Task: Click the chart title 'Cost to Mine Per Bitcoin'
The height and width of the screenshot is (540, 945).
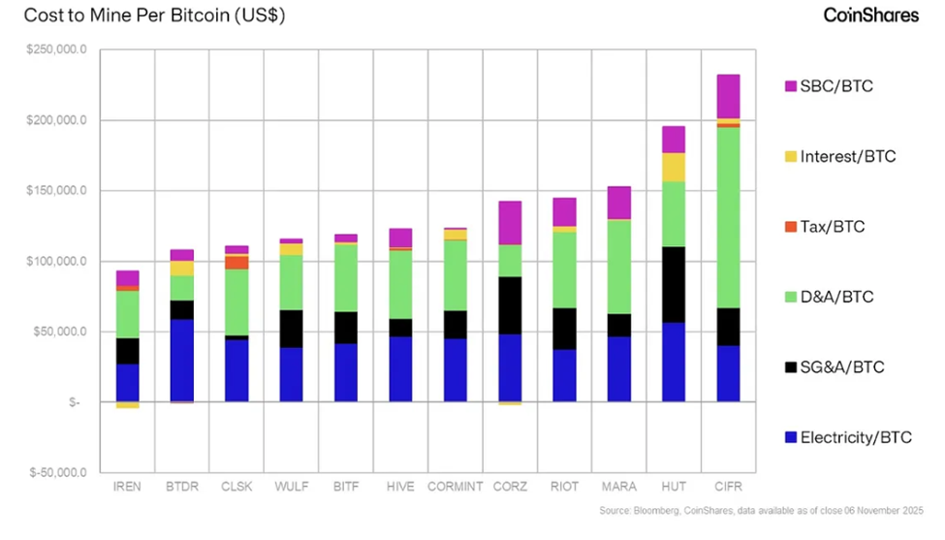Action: click(154, 16)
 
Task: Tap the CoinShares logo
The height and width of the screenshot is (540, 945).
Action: click(871, 16)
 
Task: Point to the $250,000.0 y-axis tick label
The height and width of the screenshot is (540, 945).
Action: click(57, 49)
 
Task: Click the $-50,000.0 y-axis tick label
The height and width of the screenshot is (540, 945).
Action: click(57, 473)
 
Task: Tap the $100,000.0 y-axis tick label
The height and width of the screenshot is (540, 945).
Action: click(57, 262)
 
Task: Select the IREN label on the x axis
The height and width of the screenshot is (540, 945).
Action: click(127, 487)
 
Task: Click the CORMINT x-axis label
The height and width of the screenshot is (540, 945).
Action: click(455, 487)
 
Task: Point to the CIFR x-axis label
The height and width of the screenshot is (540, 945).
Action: click(728, 487)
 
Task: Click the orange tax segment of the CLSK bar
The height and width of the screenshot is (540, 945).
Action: click(236, 263)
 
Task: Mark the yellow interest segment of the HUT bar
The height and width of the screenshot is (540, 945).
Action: click(674, 167)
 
